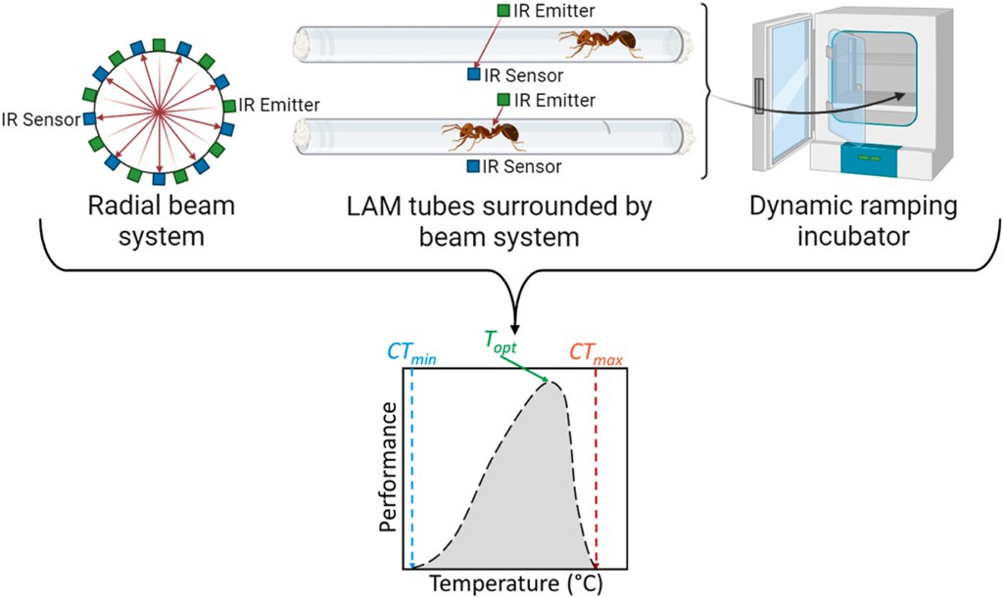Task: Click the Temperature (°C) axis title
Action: coord(515,584)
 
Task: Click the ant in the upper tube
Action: coord(598,41)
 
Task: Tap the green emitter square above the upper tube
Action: coord(503,11)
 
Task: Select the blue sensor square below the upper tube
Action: coord(473,73)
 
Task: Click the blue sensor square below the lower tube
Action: coord(473,166)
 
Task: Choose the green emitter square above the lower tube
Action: coord(503,99)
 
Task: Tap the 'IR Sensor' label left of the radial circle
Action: coord(41,119)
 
